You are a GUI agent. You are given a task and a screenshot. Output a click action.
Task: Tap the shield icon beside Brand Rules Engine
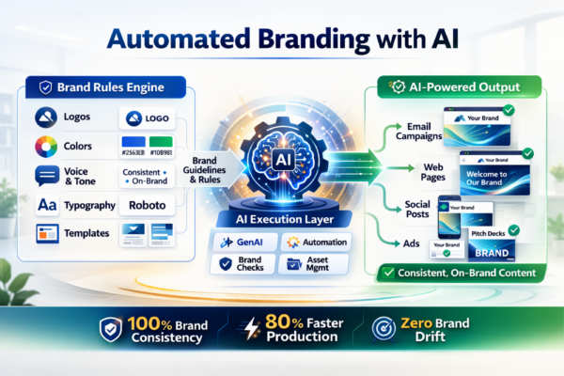(45, 87)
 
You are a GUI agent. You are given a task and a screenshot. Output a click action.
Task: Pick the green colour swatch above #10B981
(164, 140)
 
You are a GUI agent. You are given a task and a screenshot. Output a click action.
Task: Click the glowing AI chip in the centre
(283, 161)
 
